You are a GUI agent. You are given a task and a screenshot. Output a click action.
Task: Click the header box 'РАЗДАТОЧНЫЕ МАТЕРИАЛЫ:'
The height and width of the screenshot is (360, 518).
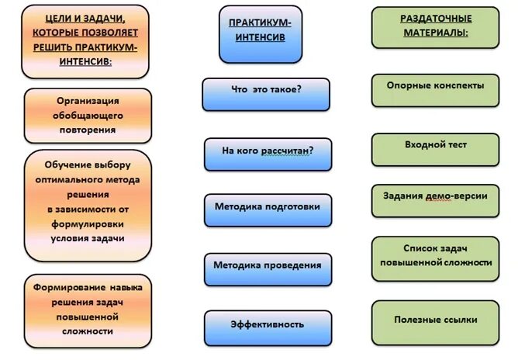[x=435, y=28]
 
